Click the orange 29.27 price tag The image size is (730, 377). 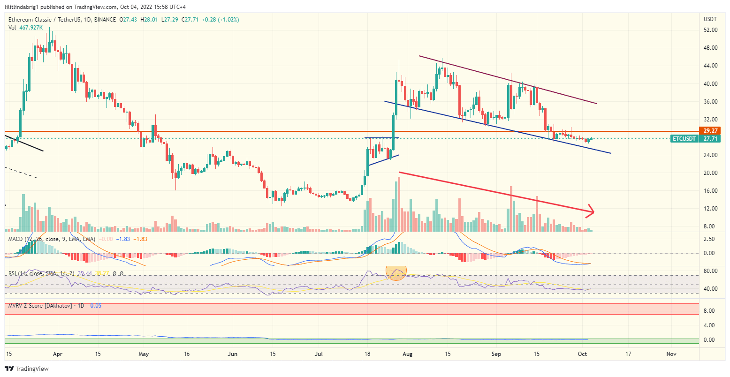708,131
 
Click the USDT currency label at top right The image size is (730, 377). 710,19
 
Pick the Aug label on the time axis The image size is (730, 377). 408,354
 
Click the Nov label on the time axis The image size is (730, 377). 671,354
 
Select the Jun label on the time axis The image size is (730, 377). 232,354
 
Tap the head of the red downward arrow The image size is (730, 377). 592,211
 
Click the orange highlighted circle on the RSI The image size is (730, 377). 395,272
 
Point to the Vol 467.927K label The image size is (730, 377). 26,28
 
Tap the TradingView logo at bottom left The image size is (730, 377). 27,369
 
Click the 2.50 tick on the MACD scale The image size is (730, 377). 708,239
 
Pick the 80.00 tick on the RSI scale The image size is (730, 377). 710,271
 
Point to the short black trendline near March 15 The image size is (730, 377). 23,143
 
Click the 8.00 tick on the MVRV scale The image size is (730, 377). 708,311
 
